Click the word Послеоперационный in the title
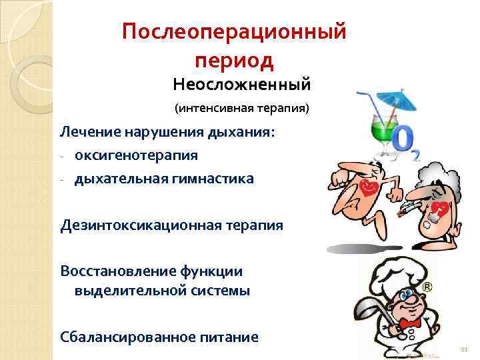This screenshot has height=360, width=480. point(234,32)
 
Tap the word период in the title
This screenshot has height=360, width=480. point(234,61)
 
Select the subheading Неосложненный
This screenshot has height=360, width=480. point(241,85)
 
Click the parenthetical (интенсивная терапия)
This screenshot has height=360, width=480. point(242,107)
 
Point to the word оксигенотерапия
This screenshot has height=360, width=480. point(136,155)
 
